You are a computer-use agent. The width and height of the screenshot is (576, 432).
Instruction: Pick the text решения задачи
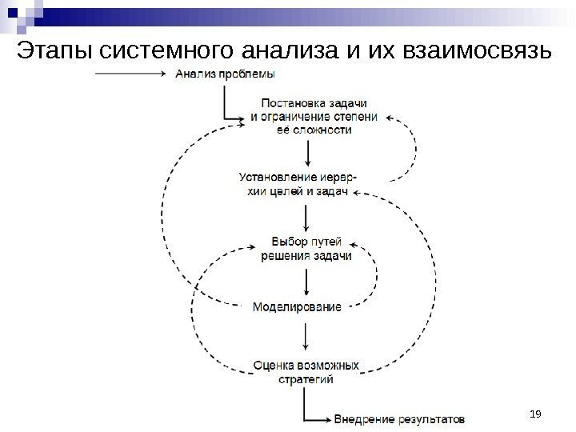(306, 255)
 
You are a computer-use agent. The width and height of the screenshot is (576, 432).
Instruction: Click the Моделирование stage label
(297, 306)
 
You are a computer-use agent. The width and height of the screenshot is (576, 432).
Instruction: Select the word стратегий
(306, 379)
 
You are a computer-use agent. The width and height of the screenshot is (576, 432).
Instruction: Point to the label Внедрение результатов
(398, 418)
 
